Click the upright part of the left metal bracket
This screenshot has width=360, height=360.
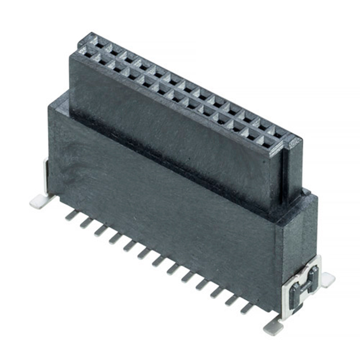(46, 174)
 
